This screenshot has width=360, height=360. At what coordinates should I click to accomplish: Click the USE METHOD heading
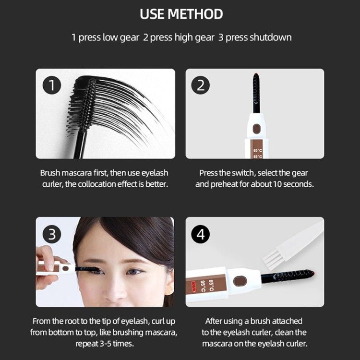tap(181, 14)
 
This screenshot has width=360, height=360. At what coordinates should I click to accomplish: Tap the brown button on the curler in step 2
tap(257, 128)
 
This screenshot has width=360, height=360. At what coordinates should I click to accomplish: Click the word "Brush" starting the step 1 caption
tap(50, 173)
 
